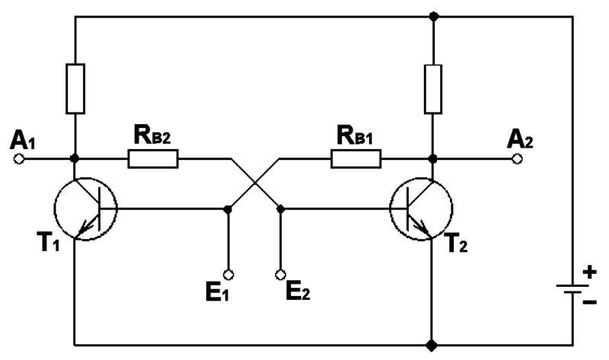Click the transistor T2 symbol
pos(421,209)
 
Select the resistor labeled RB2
pos(153,159)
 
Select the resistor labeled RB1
pos(356,159)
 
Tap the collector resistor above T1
pos(75,89)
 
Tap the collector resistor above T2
pos(432,89)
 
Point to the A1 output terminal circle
pos(21,159)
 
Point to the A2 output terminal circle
pos(518,159)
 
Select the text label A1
pos(21,139)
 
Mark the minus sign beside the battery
pos(590,302)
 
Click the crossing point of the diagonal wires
pos(254,183)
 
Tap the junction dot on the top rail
pos(432,15)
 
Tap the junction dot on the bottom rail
pos(432,344)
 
